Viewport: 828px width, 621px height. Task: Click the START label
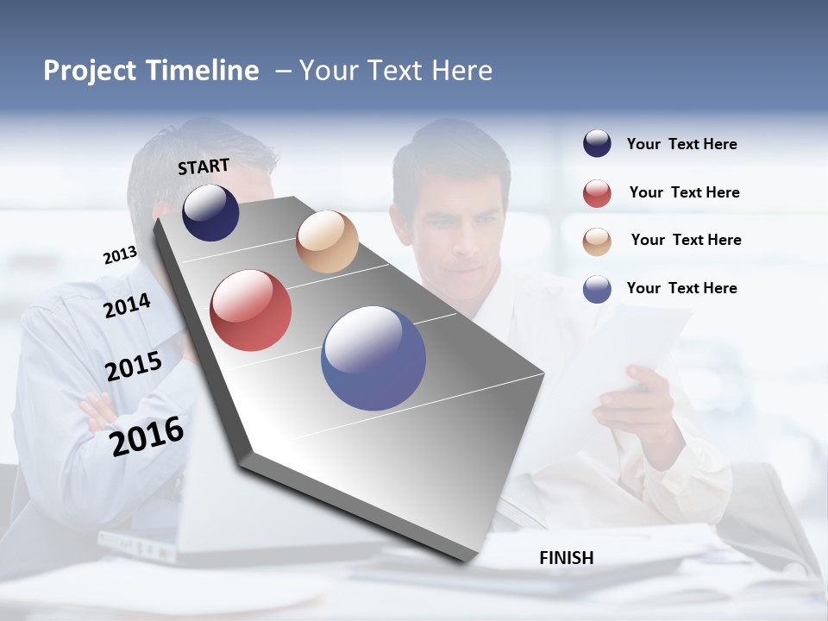[x=204, y=166]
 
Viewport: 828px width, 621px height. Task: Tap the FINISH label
[x=566, y=558]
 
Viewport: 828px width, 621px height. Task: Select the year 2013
[x=120, y=255]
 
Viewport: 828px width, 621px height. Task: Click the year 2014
[x=127, y=306]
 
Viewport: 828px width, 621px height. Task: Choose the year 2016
[x=147, y=436]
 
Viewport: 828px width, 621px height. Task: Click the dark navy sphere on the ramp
[x=210, y=212]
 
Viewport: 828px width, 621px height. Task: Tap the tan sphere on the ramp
[x=327, y=241]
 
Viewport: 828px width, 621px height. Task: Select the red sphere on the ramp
[x=251, y=310]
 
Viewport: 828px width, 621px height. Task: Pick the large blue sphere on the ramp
[x=373, y=358]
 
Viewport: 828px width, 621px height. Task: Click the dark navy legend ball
[x=597, y=144]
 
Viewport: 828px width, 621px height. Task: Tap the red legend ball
[x=597, y=193]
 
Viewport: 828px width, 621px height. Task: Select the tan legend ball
[x=597, y=241]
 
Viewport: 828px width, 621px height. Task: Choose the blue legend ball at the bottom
[x=597, y=289]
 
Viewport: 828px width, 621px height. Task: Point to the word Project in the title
[x=90, y=71]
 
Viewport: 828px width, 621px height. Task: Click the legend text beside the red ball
[x=684, y=192]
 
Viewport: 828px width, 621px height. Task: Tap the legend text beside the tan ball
[x=686, y=240]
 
